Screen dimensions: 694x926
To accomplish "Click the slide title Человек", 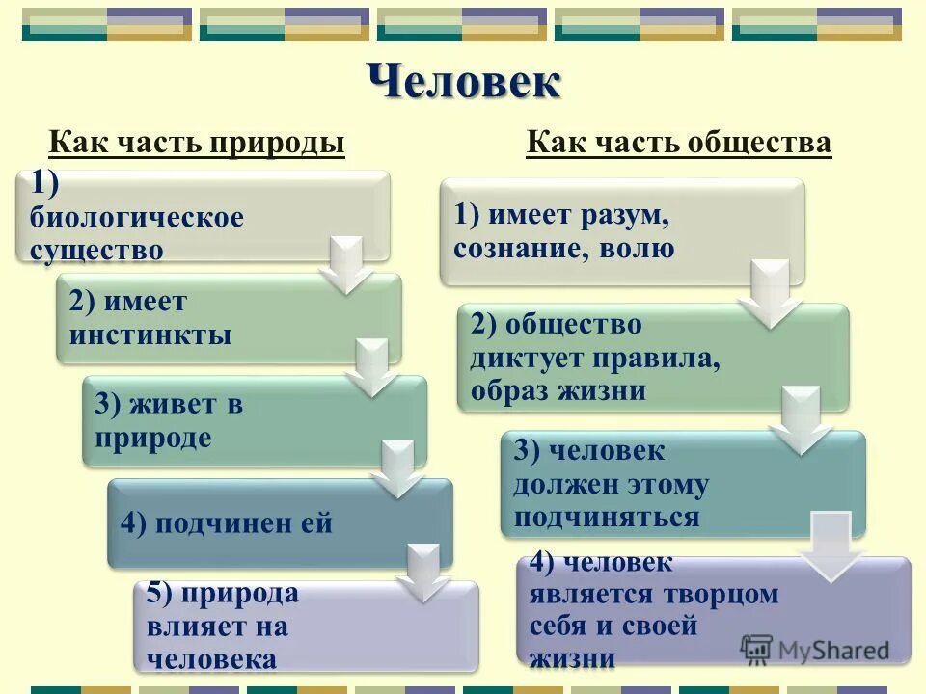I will [x=464, y=81].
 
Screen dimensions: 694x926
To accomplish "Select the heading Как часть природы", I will [x=197, y=144].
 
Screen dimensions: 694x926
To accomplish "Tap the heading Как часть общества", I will [x=678, y=144].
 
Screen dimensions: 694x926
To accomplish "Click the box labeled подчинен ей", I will [x=280, y=523].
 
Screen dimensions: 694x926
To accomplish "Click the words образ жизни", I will [x=558, y=391].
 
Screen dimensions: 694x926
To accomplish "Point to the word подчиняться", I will [x=606, y=517].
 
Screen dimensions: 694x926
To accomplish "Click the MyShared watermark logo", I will [x=815, y=649].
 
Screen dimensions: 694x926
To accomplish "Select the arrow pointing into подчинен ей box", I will [x=395, y=469].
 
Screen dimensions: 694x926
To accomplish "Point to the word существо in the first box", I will [x=96, y=251].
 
